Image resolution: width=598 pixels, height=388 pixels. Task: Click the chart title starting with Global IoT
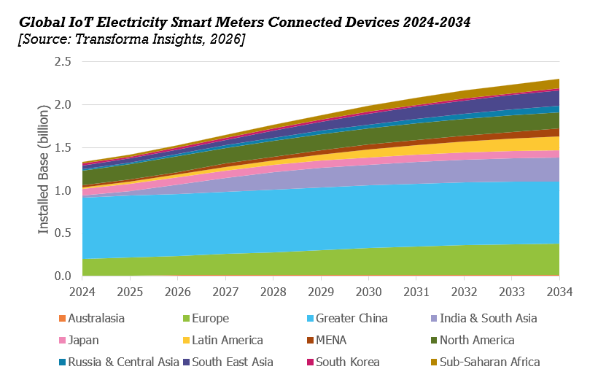[244, 23]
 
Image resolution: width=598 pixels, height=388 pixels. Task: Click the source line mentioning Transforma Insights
[131, 39]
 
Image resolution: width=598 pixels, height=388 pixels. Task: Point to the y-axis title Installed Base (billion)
[44, 169]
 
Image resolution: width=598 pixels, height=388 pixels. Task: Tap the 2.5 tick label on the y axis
[62, 62]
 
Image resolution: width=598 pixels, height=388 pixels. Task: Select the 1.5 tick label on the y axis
[62, 148]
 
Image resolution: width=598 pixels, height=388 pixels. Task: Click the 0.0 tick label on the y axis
[62, 276]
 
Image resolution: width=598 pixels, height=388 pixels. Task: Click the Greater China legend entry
[351, 319]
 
